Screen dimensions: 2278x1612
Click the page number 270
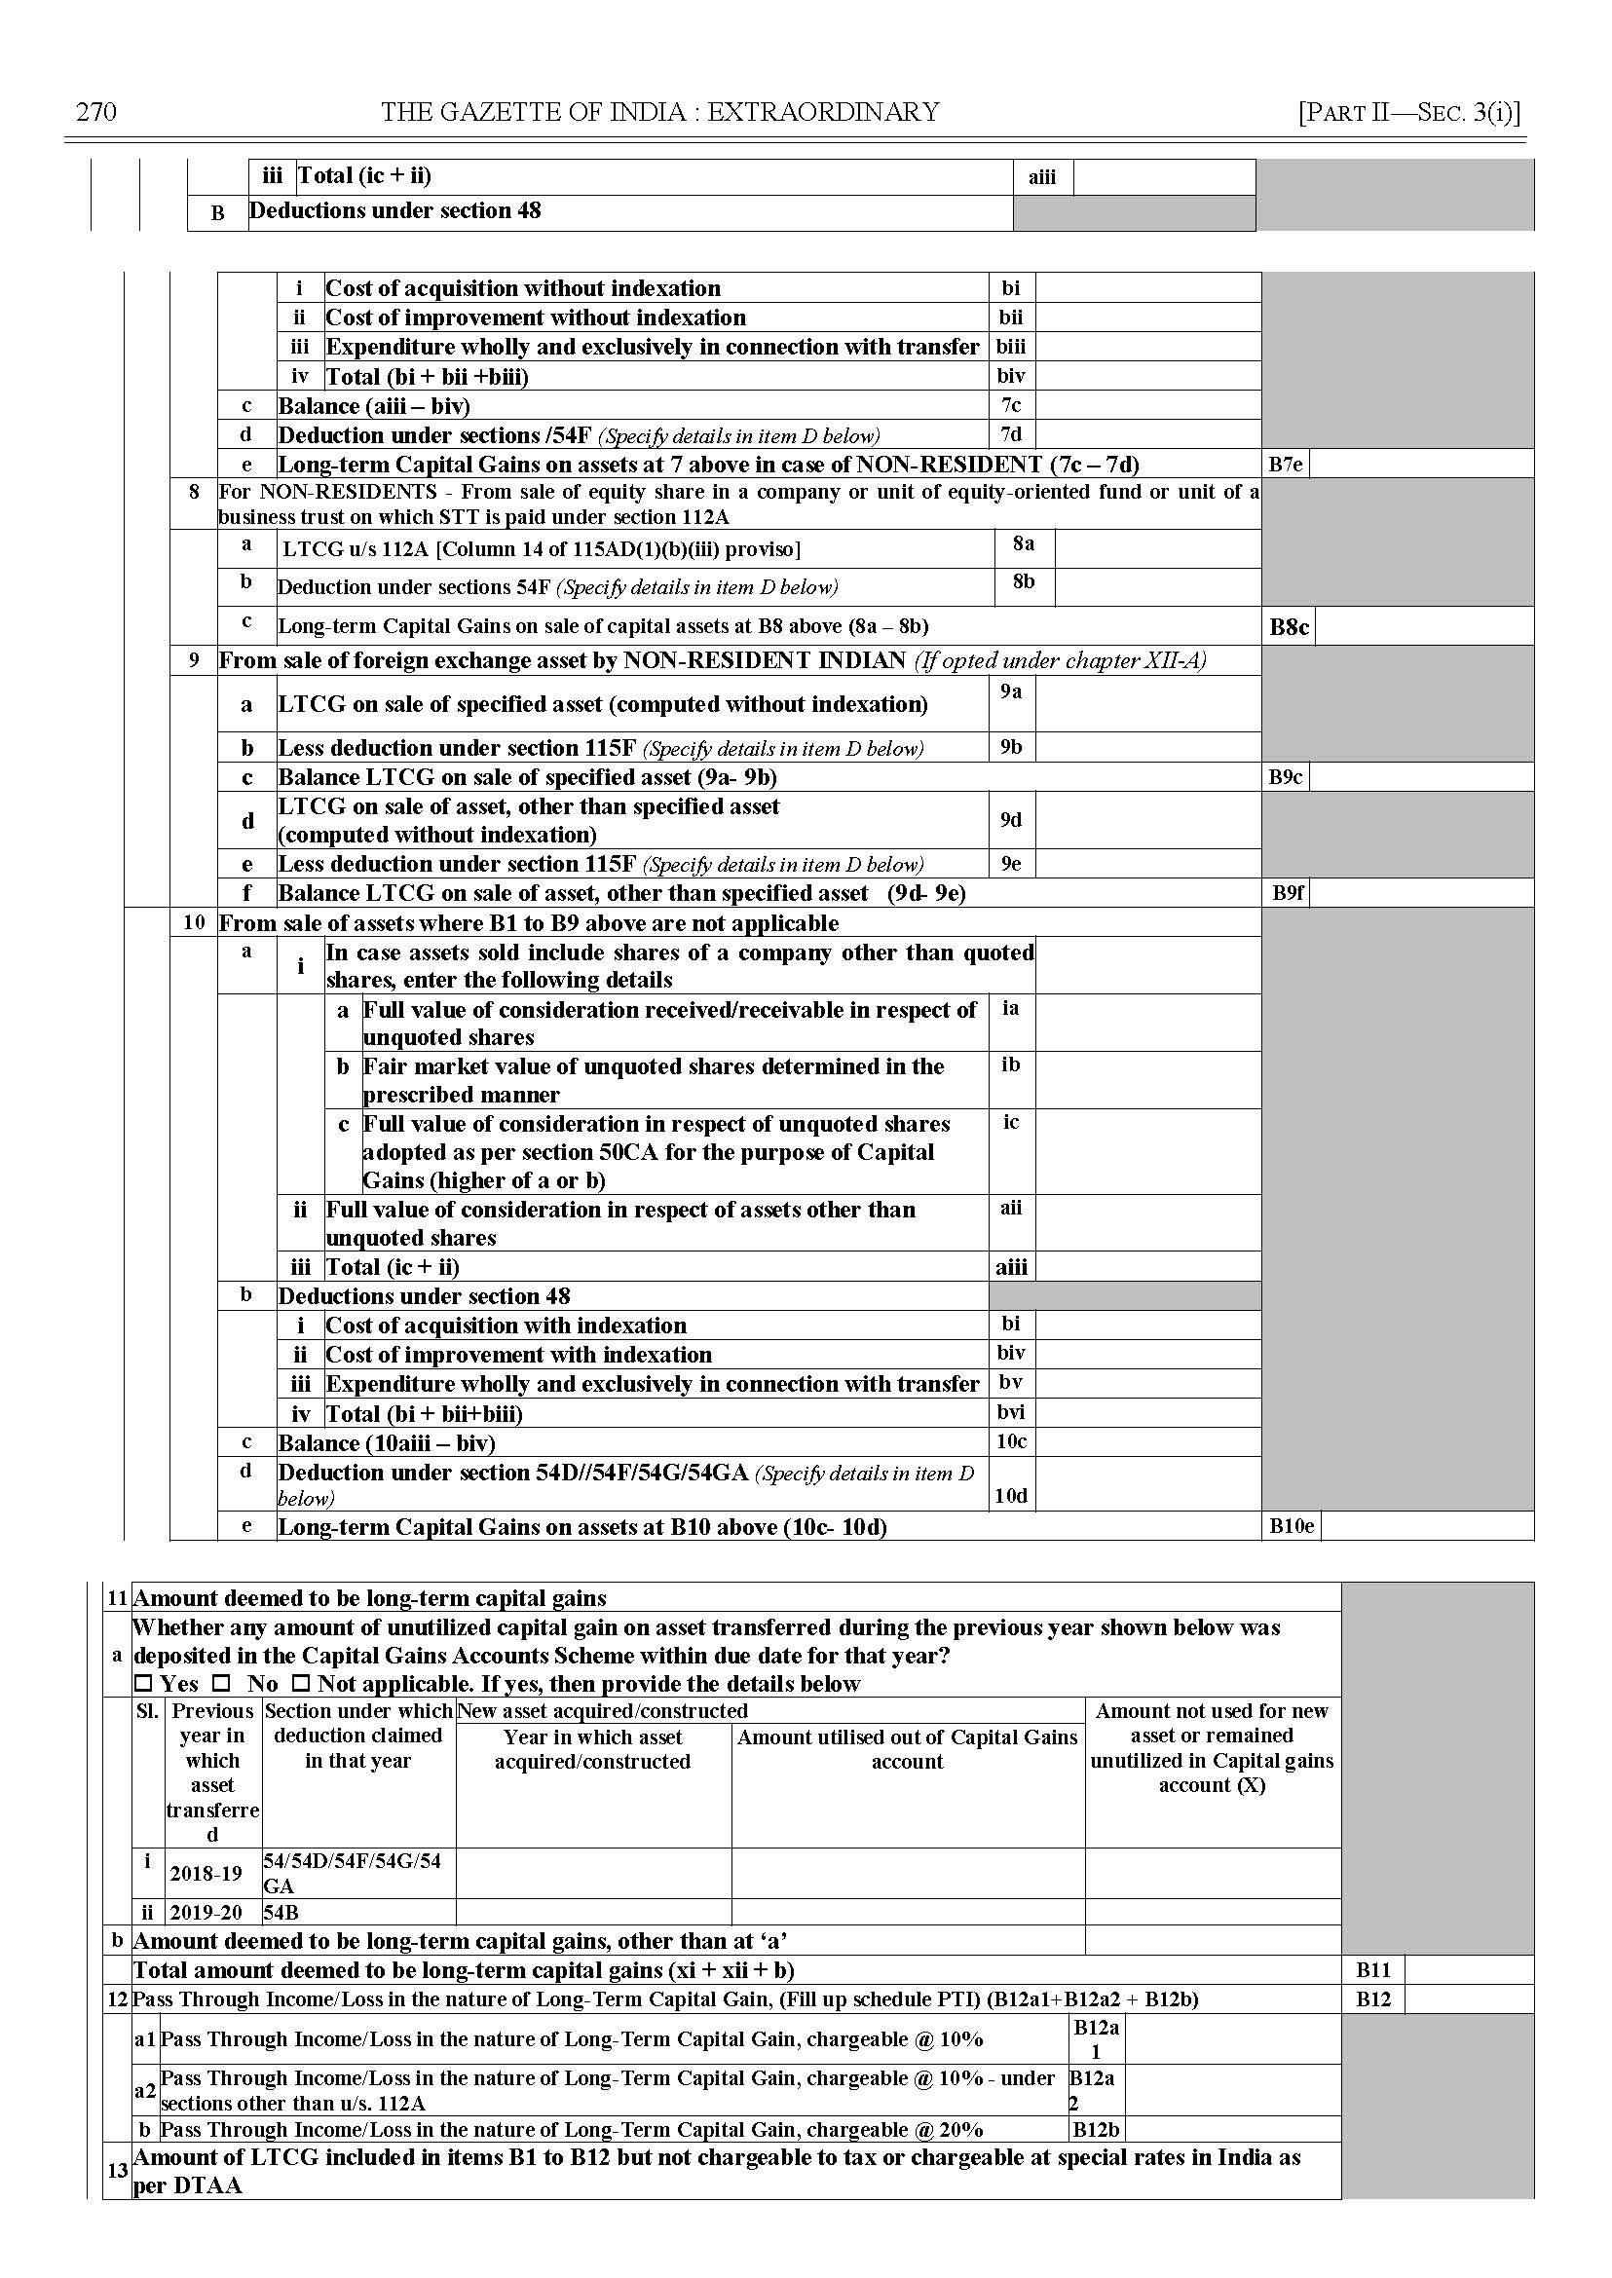pyautogui.click(x=96, y=112)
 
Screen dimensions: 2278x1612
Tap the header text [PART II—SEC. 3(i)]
pyautogui.click(x=1408, y=112)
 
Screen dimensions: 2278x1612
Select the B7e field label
pyautogui.click(x=1285, y=465)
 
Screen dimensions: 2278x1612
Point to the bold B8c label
pyautogui.click(x=1289, y=627)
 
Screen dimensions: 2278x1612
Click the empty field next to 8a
pyautogui.click(x=1156, y=549)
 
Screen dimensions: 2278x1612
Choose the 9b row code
pyautogui.click(x=1010, y=747)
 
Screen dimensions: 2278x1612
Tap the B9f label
pyautogui.click(x=1288, y=893)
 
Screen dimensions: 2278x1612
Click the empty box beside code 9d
pyautogui.click(x=1146, y=820)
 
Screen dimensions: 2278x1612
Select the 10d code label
pyautogui.click(x=1010, y=1496)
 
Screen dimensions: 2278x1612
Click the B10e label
pyautogui.click(x=1291, y=1526)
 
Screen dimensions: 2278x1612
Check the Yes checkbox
pyautogui.click(x=144, y=1685)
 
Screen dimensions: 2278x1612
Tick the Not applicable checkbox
pyautogui.click(x=301, y=1685)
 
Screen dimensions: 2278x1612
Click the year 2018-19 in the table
pyautogui.click(x=206, y=1874)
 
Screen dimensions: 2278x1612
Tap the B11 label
pyautogui.click(x=1372, y=1970)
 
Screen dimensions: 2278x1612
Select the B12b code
pyautogui.click(x=1096, y=2130)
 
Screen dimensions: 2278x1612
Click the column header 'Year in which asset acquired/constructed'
pyautogui.click(x=592, y=1749)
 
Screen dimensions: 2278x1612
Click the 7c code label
pyautogui.click(x=1010, y=406)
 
